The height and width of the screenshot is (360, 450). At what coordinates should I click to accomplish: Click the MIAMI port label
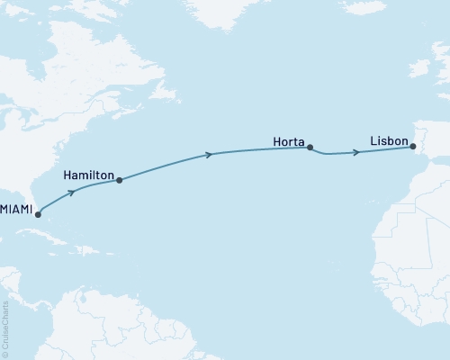click(16, 209)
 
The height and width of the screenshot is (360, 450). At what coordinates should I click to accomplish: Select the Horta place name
click(288, 140)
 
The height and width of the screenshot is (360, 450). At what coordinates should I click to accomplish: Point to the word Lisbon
click(388, 140)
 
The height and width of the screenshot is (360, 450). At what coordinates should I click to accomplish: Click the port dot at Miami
click(38, 215)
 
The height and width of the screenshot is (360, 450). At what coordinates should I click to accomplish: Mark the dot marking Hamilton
click(119, 180)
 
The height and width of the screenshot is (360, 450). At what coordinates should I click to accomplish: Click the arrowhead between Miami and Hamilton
click(70, 192)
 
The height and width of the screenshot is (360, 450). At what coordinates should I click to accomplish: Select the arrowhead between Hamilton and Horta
click(210, 155)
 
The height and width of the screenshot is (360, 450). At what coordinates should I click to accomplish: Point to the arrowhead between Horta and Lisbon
click(357, 152)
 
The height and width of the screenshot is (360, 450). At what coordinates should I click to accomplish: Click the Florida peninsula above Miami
click(32, 200)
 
